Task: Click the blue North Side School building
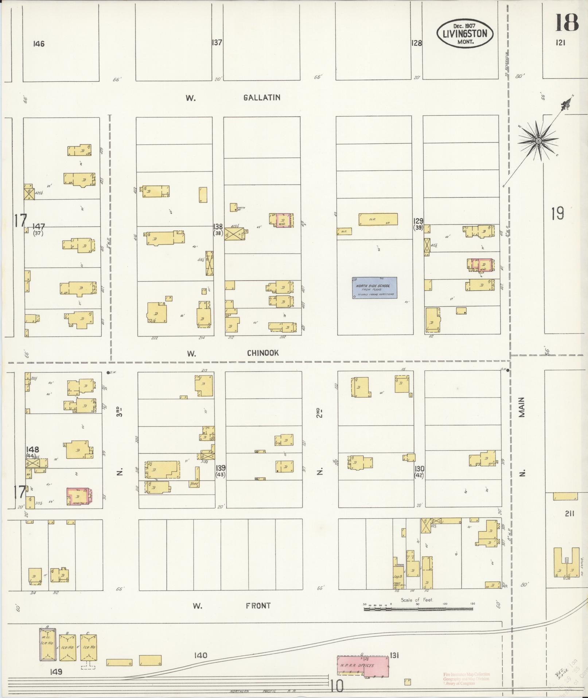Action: [x=374, y=288]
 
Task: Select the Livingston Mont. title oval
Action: [x=465, y=34]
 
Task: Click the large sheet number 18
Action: [x=567, y=23]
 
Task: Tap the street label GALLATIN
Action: [x=262, y=97]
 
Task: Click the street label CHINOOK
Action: [x=263, y=353]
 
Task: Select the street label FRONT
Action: [x=258, y=606]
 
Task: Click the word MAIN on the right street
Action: [x=522, y=407]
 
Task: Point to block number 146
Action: [x=39, y=44]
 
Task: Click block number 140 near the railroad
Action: [x=200, y=655]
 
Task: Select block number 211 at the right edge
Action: [x=569, y=513]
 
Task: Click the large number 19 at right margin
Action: [x=557, y=213]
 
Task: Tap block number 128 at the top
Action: [x=416, y=43]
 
